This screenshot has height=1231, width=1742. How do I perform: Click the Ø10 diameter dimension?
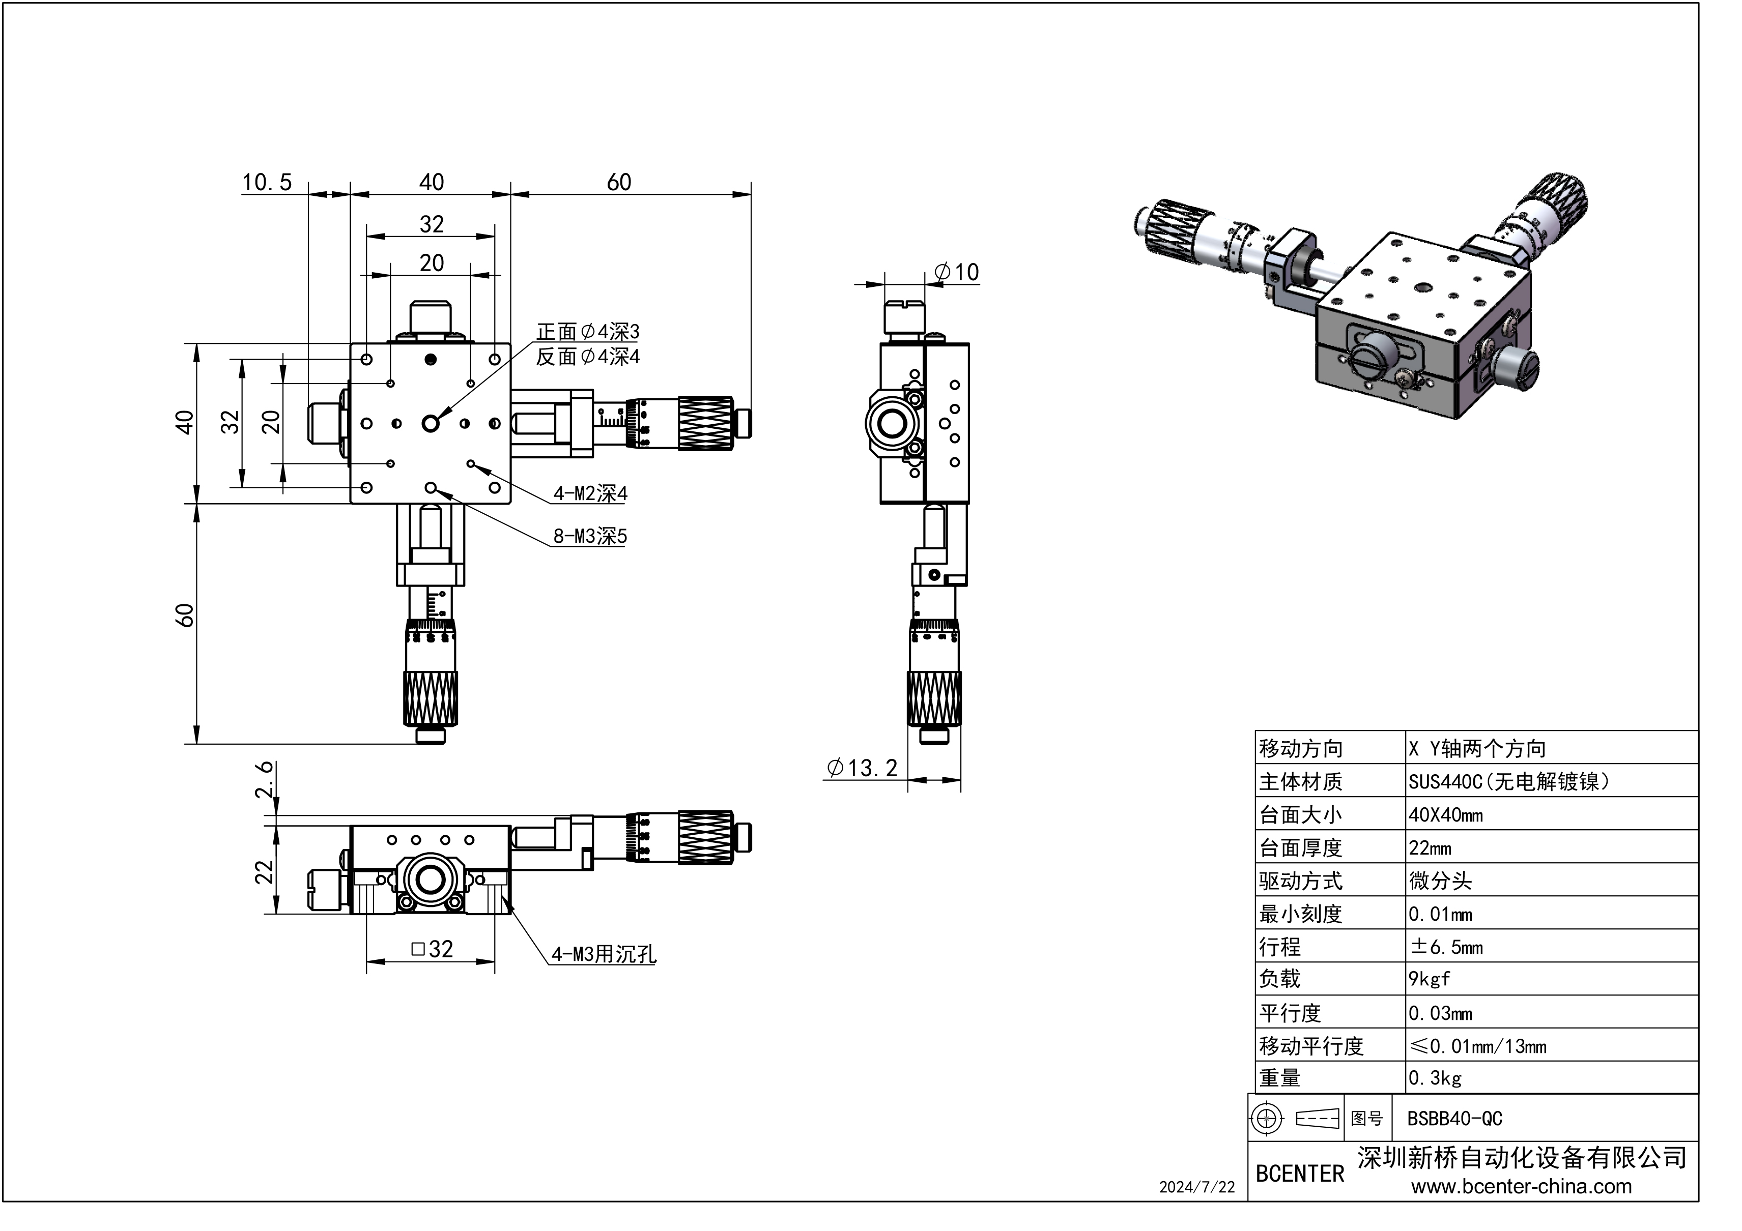(x=957, y=272)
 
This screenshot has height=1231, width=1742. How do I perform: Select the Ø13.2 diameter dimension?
(x=862, y=768)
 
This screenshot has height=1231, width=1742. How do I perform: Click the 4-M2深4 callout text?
(x=590, y=494)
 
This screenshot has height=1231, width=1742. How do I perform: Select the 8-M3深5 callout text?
(x=590, y=536)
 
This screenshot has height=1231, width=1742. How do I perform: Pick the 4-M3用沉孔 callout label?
(x=603, y=954)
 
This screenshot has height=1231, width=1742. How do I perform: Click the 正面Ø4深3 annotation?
(x=588, y=332)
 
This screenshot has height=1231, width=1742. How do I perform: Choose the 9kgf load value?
(x=1430, y=979)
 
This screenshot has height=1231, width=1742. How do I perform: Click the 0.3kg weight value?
(x=1435, y=1078)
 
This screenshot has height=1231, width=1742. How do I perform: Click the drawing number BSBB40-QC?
(x=1454, y=1119)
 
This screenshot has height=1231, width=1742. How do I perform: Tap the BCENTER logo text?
(x=1300, y=1174)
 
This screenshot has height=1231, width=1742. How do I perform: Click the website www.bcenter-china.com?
(x=1521, y=1187)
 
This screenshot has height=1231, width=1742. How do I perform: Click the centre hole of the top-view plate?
(x=431, y=423)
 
